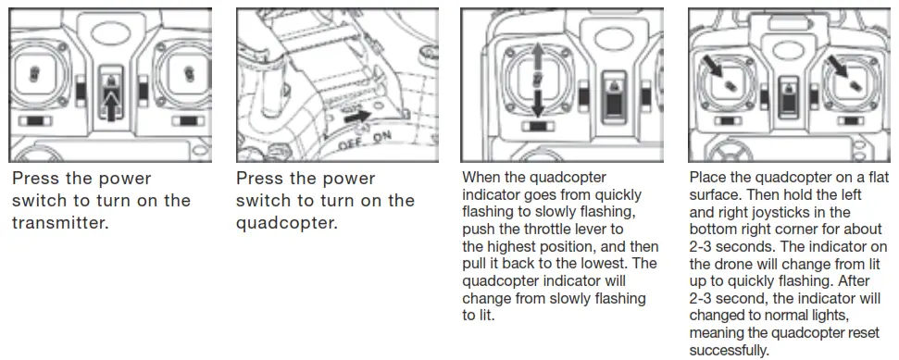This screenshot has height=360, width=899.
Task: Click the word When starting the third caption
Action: [x=481, y=177]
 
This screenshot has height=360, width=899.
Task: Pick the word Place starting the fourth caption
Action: [x=709, y=177]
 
